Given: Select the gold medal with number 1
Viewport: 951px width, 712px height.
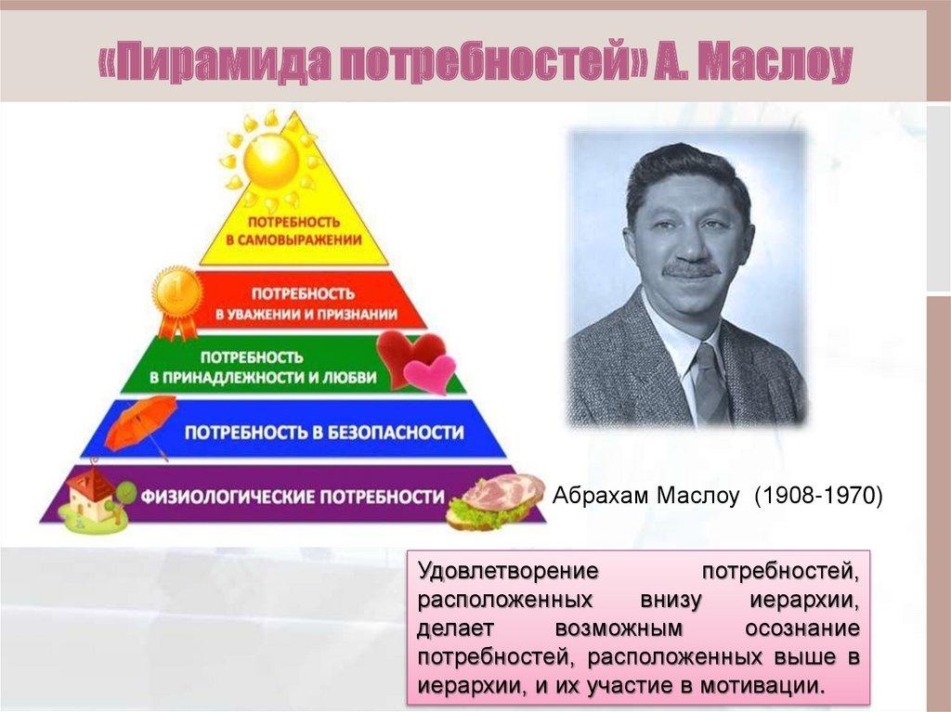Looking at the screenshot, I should pyautogui.click(x=176, y=295).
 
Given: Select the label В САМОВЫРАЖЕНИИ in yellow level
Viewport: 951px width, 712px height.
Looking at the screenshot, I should pyautogui.click(x=295, y=240).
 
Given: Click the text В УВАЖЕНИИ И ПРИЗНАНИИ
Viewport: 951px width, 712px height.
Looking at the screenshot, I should pyautogui.click(x=307, y=314).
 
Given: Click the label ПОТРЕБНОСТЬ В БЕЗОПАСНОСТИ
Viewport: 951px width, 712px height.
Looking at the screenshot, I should pyautogui.click(x=323, y=432).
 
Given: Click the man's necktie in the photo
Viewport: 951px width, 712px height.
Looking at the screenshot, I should pyautogui.click(x=710, y=381).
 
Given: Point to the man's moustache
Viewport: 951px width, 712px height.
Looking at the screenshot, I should pyautogui.click(x=691, y=269).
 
